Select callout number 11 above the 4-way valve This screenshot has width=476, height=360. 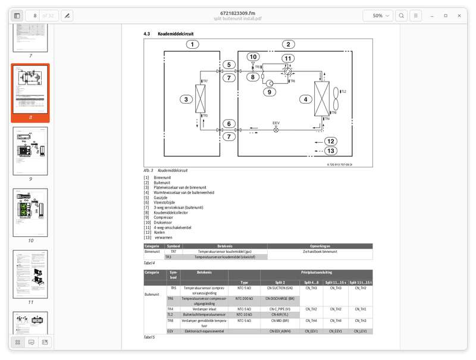[288, 58]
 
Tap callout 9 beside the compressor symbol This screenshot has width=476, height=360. [269, 92]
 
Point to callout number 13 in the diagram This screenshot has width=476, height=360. [331, 151]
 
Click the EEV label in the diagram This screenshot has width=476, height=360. [276, 123]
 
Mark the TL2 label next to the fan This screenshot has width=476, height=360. [343, 92]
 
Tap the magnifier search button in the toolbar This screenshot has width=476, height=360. [402, 15]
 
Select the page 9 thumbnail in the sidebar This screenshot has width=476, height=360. [30, 151]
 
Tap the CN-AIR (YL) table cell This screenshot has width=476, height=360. [279, 315]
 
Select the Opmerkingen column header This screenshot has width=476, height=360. [320, 246]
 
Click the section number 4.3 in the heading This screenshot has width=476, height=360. [147, 34]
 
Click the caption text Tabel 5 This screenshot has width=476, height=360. [149, 337]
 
